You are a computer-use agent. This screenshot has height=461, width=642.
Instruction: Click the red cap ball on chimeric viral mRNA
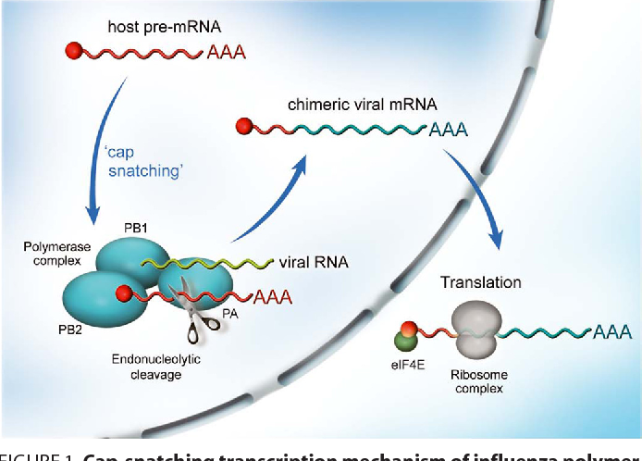tap(245, 126)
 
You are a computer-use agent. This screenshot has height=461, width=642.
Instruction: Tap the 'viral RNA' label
tap(314, 263)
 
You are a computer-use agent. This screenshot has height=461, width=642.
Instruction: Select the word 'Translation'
tap(481, 281)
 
